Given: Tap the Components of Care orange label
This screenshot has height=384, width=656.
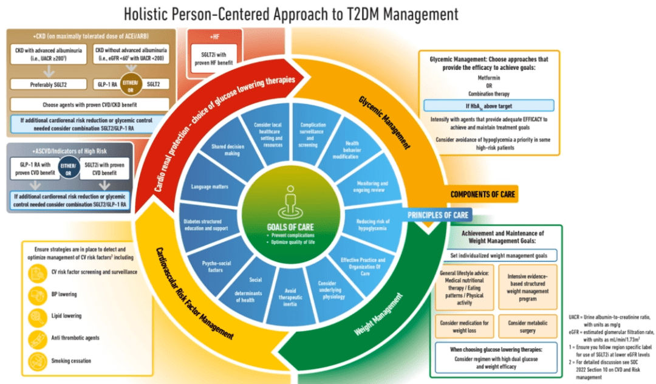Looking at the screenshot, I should (482, 194).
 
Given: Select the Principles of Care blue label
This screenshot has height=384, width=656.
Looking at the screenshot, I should (437, 214).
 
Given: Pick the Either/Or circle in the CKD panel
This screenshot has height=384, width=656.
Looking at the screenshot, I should (128, 84).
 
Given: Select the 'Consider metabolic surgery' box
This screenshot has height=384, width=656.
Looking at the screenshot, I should (527, 327).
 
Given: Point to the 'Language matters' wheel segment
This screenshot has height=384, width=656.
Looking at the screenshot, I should (209, 187).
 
